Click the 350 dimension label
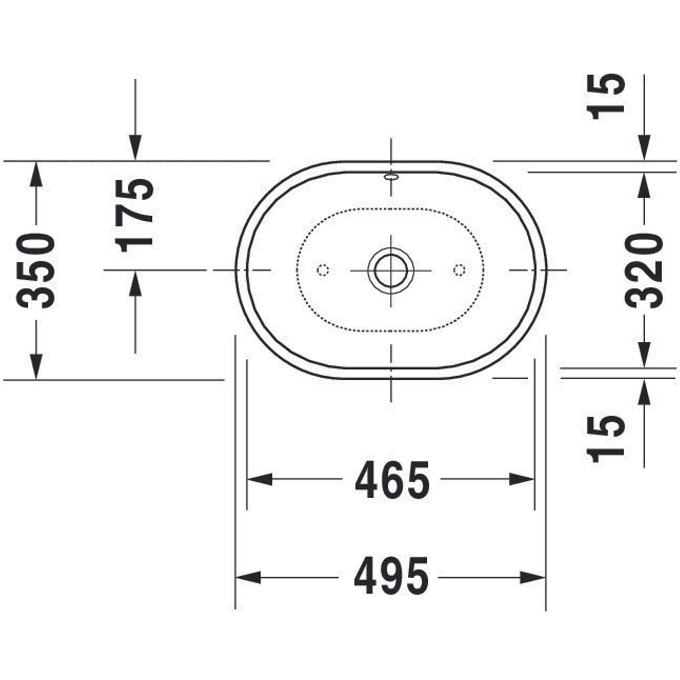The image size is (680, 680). tap(36, 271)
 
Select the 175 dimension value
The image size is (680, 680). tap(134, 216)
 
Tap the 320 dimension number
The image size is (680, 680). tap(644, 271)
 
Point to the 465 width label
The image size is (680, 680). tap(392, 479)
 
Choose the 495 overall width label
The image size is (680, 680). tap(391, 577)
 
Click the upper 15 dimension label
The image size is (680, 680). tap(606, 97)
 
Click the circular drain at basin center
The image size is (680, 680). tap(391, 271)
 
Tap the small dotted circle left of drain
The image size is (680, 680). tap(323, 270)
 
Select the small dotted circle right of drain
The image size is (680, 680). tap(459, 270)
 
